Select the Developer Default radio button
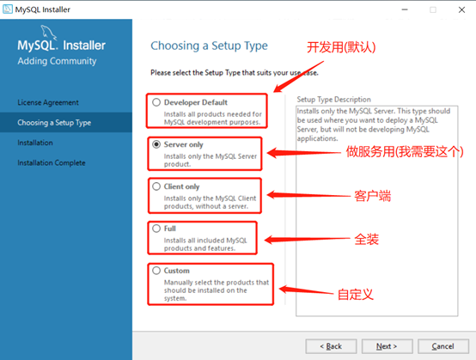click(x=156, y=102)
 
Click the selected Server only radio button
click(x=156, y=144)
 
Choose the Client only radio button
click(x=156, y=186)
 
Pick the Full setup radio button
click(x=156, y=229)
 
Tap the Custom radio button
click(x=156, y=271)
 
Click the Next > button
click(x=387, y=346)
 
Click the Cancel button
click(x=443, y=346)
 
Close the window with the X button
click(x=461, y=9)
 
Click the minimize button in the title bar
click(x=405, y=9)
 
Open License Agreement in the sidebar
click(x=48, y=102)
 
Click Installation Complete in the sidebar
click(x=52, y=162)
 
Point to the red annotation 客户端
click(x=373, y=196)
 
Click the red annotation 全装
click(x=366, y=239)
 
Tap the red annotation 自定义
click(x=355, y=294)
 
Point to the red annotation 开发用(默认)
click(x=341, y=47)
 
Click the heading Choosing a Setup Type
click(x=209, y=46)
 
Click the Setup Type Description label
click(x=333, y=100)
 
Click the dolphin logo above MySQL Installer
click(x=49, y=32)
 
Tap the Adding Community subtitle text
click(x=57, y=61)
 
